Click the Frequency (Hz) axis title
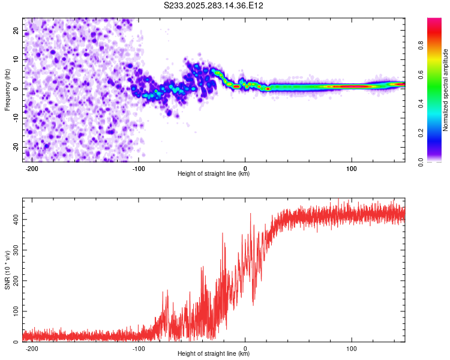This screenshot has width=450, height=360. point(7,89)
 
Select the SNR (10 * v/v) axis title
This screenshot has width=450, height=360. point(7,269)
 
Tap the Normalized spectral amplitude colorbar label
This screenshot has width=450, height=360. point(446,90)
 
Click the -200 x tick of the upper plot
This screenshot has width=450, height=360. point(32,169)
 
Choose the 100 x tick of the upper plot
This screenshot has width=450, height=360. point(352,169)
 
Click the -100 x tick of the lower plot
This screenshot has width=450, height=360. point(139,349)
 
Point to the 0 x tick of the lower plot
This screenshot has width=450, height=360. point(245,349)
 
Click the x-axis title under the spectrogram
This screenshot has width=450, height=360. point(214,175)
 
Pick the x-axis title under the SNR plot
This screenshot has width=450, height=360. point(214,355)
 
